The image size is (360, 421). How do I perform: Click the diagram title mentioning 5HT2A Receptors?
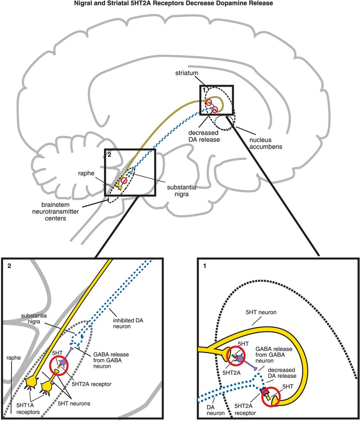point(180,4)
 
